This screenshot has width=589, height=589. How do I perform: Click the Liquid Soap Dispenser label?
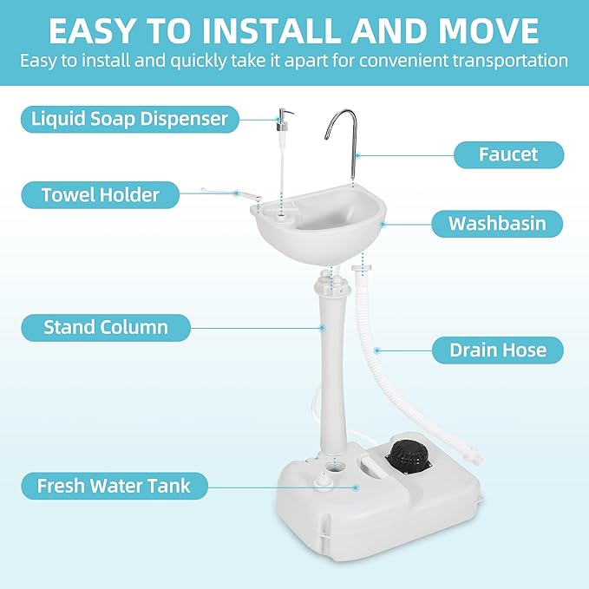(128, 118)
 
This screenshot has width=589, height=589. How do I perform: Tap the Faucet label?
(508, 154)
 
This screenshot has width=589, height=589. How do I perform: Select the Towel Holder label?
(101, 194)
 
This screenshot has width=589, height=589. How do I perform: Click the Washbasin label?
(497, 224)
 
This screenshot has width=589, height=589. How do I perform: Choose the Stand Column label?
(106, 327)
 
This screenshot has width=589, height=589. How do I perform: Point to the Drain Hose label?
(498, 350)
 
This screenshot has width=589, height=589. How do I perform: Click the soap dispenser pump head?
(283, 116)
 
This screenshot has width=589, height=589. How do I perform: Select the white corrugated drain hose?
(370, 356)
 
